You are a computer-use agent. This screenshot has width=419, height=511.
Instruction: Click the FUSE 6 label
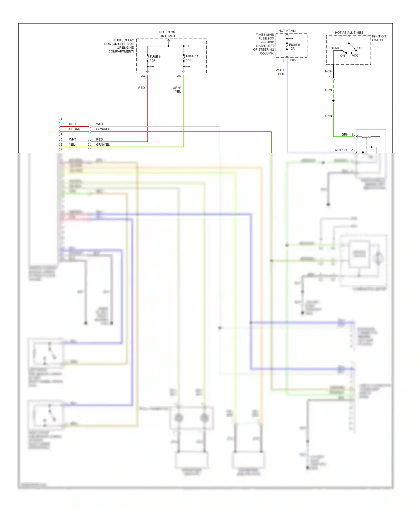155,57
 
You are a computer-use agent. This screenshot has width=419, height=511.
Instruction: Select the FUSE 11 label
192,56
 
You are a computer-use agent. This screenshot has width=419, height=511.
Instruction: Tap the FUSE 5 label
294,45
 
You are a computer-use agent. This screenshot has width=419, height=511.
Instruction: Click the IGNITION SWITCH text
378,38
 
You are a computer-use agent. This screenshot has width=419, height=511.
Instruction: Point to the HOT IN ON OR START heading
167,34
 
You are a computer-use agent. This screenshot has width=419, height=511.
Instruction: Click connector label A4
143,76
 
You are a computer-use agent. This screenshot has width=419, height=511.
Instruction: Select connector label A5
179,76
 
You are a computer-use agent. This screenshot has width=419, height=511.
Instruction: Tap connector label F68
293,60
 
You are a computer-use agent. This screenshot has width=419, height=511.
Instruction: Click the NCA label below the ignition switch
328,71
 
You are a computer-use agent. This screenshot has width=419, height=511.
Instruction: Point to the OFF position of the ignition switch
360,48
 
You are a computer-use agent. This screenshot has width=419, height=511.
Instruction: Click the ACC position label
355,56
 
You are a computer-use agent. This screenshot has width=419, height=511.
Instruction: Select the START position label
336,48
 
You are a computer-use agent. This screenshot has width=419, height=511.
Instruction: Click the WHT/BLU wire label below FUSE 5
280,72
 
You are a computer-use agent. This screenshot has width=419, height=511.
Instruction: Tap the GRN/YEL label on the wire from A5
177,89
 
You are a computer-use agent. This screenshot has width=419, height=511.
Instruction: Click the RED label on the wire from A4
141,88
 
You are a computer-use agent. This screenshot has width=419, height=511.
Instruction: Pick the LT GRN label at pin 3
75,129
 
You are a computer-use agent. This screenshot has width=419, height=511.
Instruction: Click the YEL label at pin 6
72,145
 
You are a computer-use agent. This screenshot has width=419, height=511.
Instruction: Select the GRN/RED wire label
103,129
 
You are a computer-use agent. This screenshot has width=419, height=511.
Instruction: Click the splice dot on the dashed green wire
333,101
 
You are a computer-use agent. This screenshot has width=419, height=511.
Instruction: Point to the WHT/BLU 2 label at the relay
343,150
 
